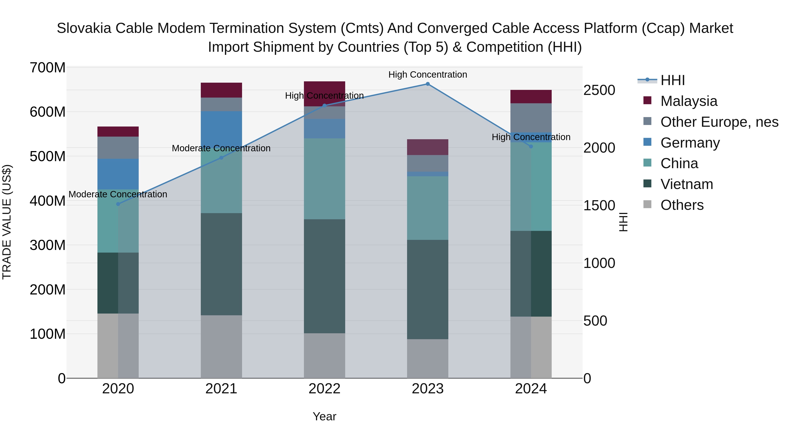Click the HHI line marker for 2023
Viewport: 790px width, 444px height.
[427, 84]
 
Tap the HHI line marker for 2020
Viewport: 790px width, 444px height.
[118, 204]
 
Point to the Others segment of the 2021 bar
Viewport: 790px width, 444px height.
[221, 346]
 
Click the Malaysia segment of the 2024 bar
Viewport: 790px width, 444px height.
[531, 96]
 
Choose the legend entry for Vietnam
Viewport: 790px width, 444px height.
[686, 184]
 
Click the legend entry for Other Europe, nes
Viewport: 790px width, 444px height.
[719, 122]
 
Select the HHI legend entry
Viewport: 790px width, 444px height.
[672, 80]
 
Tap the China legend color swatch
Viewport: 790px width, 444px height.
[647, 163]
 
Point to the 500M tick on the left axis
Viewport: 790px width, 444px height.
[48, 156]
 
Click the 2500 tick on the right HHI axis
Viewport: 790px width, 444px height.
[599, 90]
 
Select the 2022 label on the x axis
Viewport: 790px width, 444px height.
[325, 389]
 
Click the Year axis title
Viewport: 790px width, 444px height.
[325, 416]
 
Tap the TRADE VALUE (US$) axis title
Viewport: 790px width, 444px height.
[7, 222]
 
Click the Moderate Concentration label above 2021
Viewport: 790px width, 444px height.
[221, 148]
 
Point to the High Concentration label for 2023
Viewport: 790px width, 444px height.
[427, 75]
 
